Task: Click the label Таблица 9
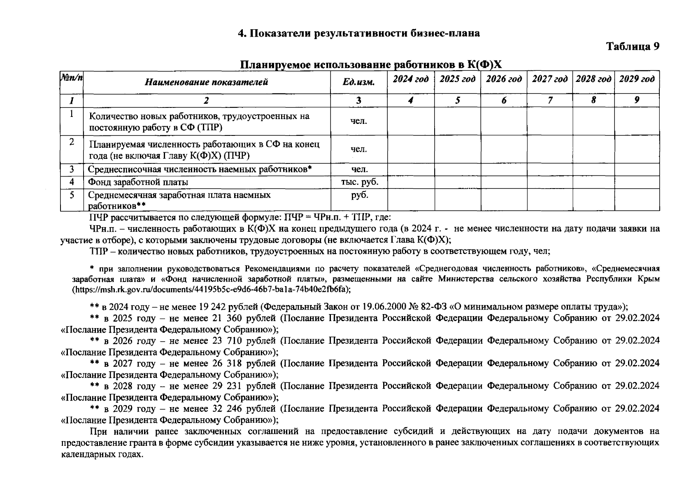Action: pos(633,47)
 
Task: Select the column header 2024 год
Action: pos(410,79)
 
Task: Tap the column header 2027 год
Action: pos(550,79)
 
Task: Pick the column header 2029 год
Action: pos(637,79)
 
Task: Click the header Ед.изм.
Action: pos(359,82)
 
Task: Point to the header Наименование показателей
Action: pos(206,82)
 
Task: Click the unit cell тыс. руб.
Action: pos(359,182)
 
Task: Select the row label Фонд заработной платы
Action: pos(138,182)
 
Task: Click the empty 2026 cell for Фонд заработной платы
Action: pos(504,182)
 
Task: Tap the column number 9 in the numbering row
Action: pos(637,100)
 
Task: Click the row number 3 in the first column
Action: pos(72,169)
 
